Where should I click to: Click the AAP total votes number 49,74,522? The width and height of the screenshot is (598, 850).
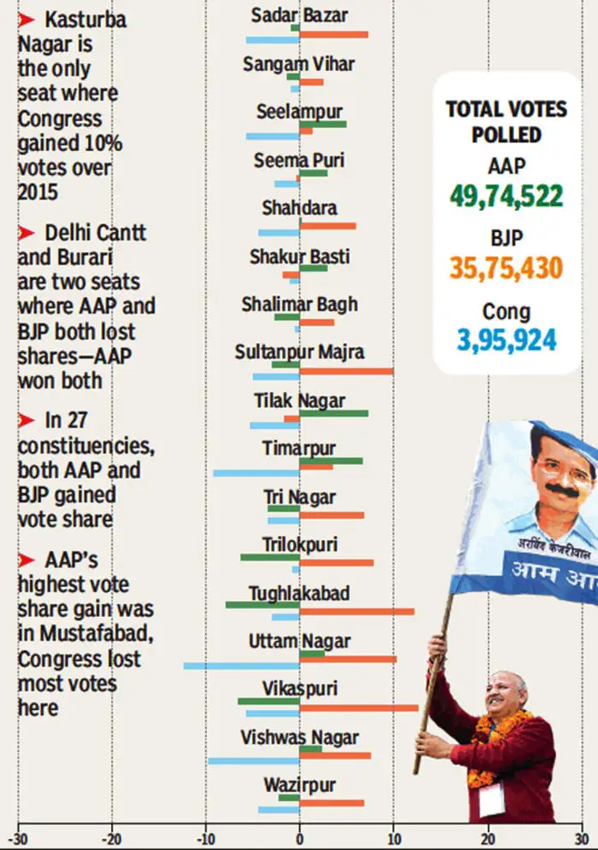click(507, 196)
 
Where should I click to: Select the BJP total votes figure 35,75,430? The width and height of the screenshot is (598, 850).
click(507, 267)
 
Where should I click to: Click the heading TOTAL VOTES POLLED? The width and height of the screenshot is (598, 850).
click(506, 121)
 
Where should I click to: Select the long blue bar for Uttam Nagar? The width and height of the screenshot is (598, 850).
click(241, 665)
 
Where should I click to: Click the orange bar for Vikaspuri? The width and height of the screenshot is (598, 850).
click(359, 707)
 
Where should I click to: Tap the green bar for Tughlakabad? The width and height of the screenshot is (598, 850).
click(262, 604)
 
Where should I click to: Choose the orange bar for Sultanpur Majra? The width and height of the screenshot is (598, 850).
click(346, 371)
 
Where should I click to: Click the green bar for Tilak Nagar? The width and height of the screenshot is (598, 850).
click(333, 413)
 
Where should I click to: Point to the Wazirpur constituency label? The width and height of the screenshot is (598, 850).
click(299, 785)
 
